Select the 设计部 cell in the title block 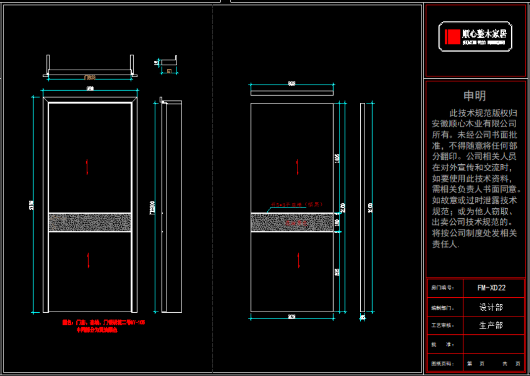[491, 307]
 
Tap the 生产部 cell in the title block [491, 325]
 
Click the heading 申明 [475, 96]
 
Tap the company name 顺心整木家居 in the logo [484, 34]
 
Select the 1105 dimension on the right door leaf [337, 158]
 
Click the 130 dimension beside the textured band [337, 223]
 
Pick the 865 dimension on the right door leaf [337, 272]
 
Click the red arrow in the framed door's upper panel [88, 166]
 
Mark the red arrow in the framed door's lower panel [88, 260]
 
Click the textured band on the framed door [90, 222]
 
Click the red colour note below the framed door [103, 326]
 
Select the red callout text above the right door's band [296, 204]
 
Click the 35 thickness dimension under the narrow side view [362, 317]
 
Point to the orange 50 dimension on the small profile [169, 71]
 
